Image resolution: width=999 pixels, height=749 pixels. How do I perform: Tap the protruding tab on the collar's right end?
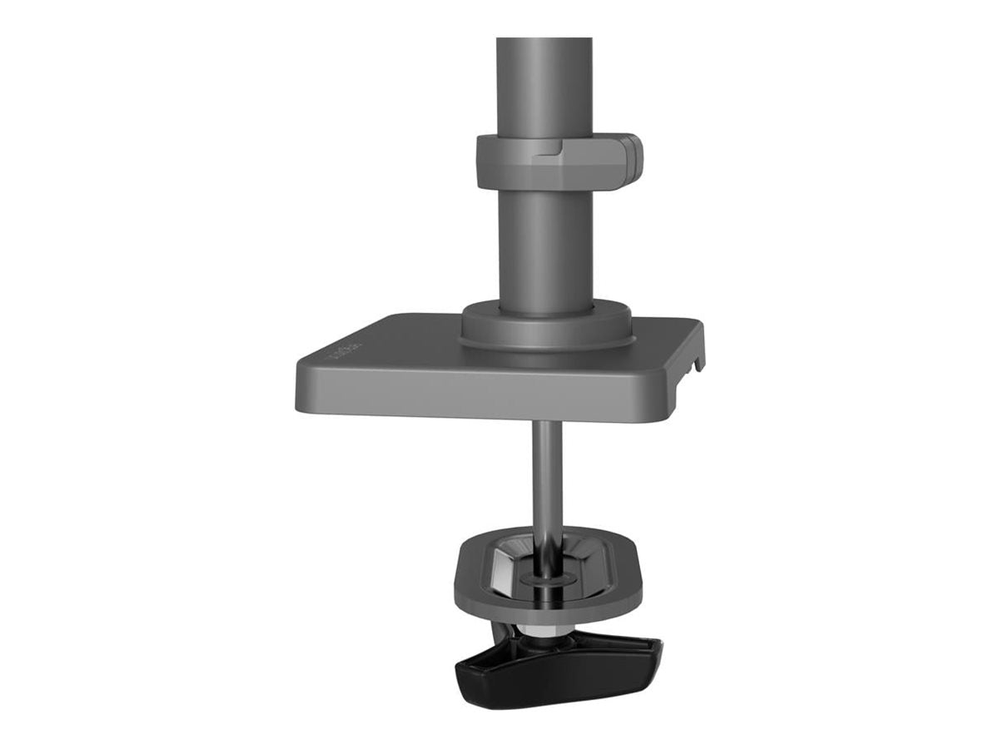[x=633, y=158]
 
